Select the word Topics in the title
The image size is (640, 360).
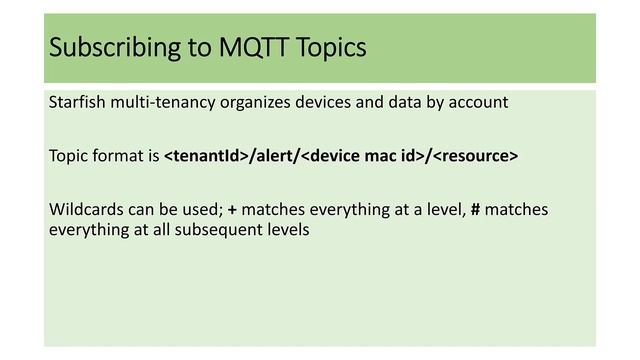[x=332, y=47]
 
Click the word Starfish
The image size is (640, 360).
[x=77, y=102]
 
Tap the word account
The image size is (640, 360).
[x=477, y=102]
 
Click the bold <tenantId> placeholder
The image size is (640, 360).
[x=206, y=156]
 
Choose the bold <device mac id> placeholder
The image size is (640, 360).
[x=362, y=156]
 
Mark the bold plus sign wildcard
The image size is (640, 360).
[x=232, y=210]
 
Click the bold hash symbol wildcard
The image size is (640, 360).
[x=476, y=210]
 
